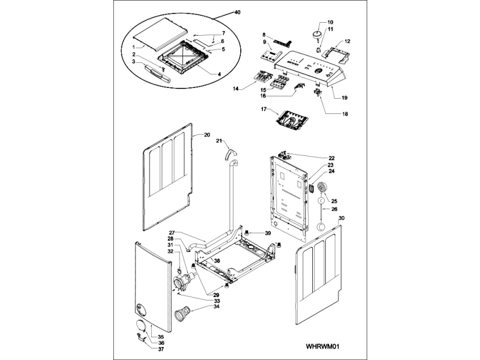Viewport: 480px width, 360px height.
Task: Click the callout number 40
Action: point(237,12)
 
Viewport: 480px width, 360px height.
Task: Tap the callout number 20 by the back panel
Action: point(207,135)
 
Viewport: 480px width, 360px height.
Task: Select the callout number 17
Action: point(264,108)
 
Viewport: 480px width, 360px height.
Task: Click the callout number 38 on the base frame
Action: point(216,261)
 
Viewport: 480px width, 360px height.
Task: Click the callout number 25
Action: point(334,201)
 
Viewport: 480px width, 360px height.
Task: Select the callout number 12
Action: point(347,41)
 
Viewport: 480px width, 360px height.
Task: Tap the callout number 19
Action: point(344,98)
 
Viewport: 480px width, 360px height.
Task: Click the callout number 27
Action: point(171,232)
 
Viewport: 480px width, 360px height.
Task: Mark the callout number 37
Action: point(154,349)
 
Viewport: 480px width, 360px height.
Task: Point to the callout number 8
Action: point(264,35)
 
